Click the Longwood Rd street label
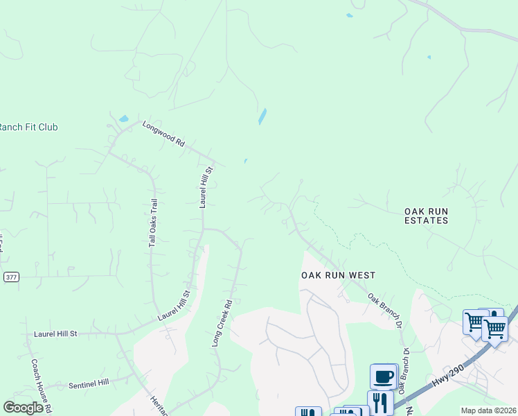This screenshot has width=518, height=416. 163,135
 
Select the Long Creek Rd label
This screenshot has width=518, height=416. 222,323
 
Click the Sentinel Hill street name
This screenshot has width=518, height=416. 88,383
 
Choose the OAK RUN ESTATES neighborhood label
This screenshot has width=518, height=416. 427,215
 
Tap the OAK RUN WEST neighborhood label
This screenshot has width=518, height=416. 338,275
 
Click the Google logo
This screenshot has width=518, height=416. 23,408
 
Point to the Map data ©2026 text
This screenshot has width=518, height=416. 488,410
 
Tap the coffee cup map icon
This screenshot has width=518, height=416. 383,377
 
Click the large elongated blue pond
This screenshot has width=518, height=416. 262,116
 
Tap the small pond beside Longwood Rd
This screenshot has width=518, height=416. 123,119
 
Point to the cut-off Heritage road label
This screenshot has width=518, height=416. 158,404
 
